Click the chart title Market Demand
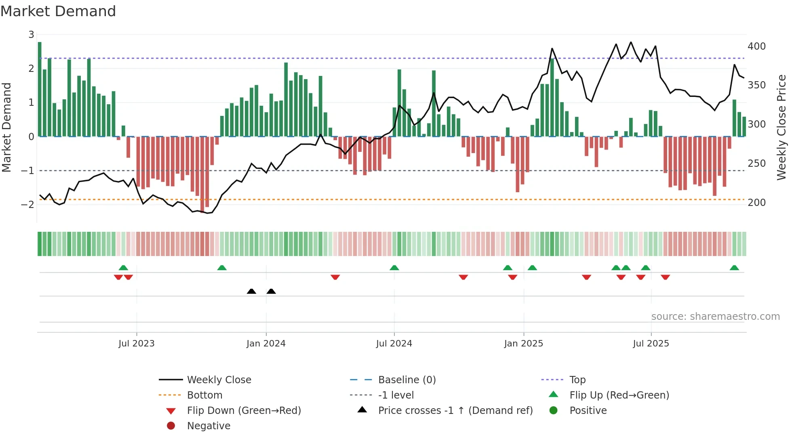coord(58,11)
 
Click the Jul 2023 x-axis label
coord(136,343)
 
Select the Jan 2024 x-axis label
coord(266,343)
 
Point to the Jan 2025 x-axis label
coord(523,343)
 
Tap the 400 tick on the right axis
coord(756,46)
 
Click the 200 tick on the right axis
coord(756,203)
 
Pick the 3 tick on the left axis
coord(31,35)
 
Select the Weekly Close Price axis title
coord(781,127)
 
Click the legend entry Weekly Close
coord(219,380)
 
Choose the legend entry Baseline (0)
coord(407,380)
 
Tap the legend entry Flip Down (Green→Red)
coord(244,410)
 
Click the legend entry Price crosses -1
coord(455,410)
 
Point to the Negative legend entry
coord(209,426)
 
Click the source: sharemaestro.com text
coord(715,317)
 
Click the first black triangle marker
coord(251,291)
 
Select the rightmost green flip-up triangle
coord(734,268)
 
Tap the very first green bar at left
coord(40,89)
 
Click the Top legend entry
coord(577,380)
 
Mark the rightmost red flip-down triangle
coord(665,277)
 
